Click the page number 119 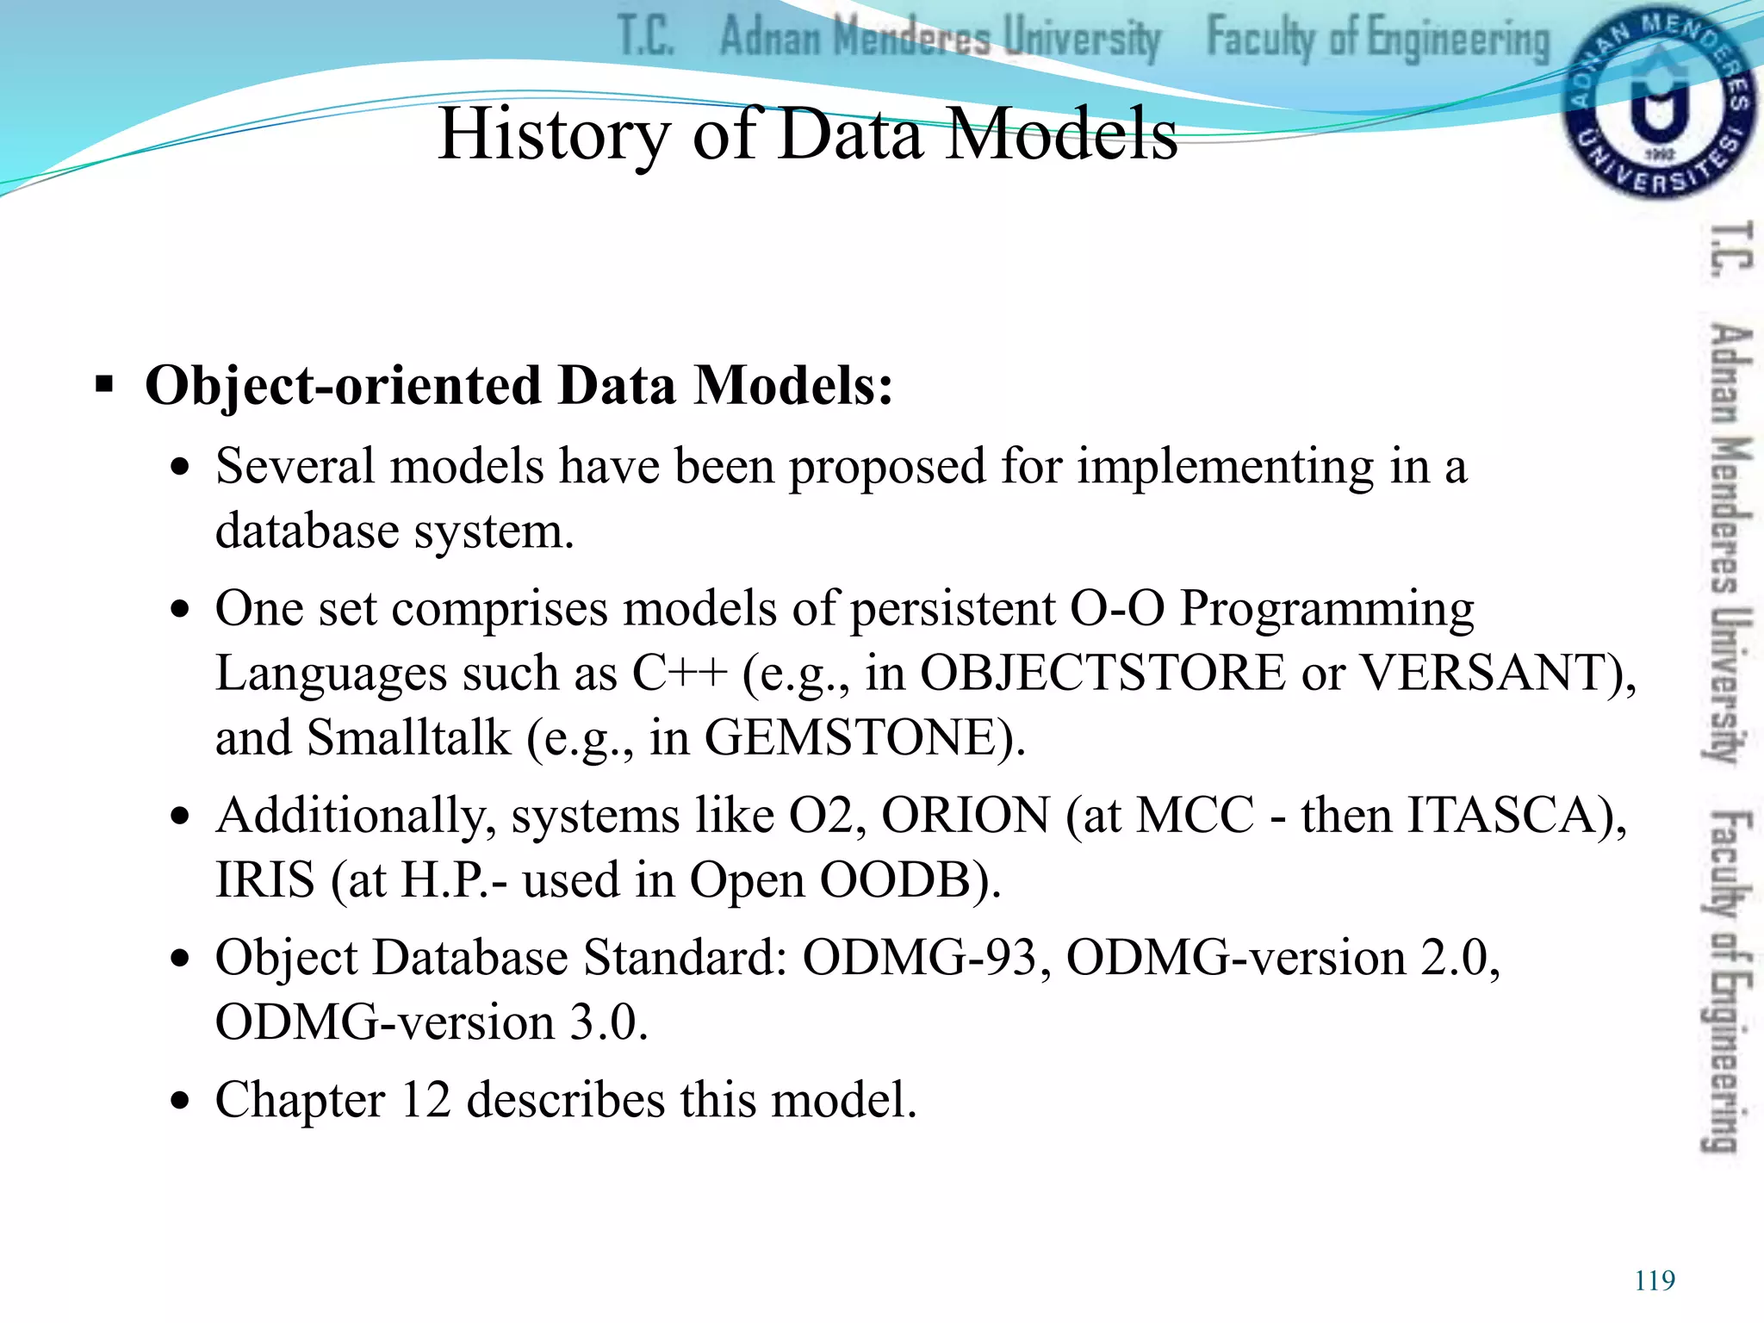(x=1655, y=1281)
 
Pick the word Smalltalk (x=408, y=738)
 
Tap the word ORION (x=966, y=815)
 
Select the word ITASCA (x=1502, y=815)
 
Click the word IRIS (x=265, y=880)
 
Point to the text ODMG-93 (x=919, y=958)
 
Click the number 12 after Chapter (x=425, y=1100)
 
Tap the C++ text (x=680, y=673)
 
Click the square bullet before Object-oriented (x=104, y=385)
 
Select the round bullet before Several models (x=179, y=468)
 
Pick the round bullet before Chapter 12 (x=179, y=1102)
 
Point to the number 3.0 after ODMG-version (x=602, y=1023)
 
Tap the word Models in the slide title (x=1061, y=134)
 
